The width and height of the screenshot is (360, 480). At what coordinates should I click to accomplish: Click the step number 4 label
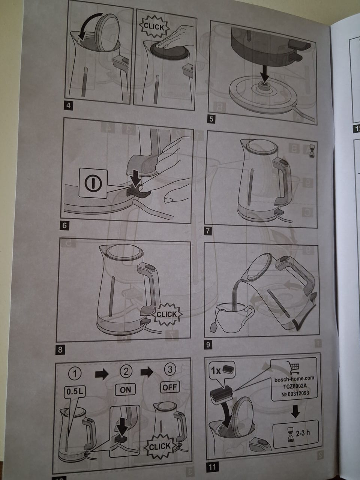pyautogui.click(x=69, y=106)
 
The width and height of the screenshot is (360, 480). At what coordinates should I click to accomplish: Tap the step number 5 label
pyautogui.click(x=211, y=119)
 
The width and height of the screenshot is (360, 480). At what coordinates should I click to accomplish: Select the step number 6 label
pyautogui.click(x=64, y=225)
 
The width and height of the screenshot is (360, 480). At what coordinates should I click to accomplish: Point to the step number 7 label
pyautogui.click(x=208, y=231)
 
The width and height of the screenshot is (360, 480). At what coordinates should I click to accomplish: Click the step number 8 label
pyautogui.click(x=60, y=349)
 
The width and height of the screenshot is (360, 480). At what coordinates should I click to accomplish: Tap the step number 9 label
pyautogui.click(x=208, y=345)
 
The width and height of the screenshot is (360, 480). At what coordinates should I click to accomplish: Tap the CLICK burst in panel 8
pyautogui.click(x=166, y=315)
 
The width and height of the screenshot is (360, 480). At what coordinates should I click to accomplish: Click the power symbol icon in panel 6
pyautogui.click(x=93, y=183)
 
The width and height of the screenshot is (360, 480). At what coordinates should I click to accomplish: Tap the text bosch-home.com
pyautogui.click(x=294, y=378)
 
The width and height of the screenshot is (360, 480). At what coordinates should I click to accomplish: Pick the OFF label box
pyautogui.click(x=170, y=387)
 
